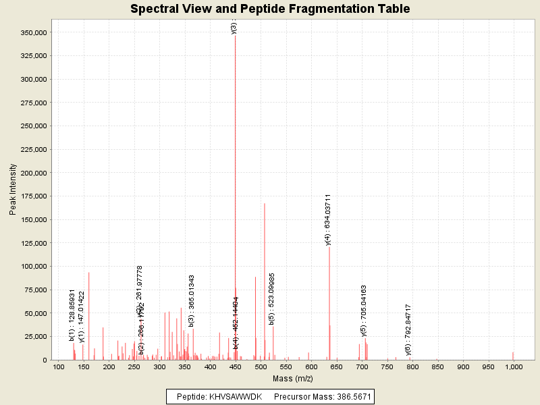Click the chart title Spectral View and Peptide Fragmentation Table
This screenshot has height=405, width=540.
270,9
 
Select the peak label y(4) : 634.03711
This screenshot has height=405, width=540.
328,219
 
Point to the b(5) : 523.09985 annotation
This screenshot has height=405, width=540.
272,299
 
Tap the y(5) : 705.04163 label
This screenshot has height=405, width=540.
364,310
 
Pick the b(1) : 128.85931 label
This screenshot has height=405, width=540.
72,315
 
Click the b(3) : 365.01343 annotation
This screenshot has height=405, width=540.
192,301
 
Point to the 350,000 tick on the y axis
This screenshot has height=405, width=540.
33,32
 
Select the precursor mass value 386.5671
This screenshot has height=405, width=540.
348,396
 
